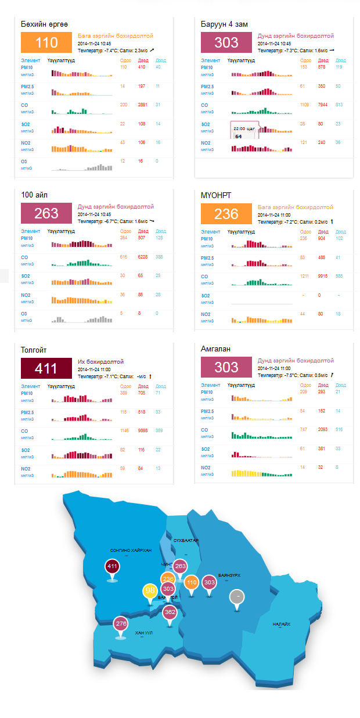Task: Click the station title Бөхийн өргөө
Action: click(x=44, y=24)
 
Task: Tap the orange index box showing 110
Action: click(x=46, y=42)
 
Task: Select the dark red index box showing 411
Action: click(x=46, y=368)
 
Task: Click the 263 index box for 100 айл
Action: click(x=46, y=213)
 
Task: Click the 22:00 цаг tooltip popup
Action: click(x=244, y=132)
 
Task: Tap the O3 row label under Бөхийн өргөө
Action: click(x=24, y=161)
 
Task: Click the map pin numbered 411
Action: click(x=112, y=566)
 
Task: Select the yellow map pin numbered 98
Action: click(x=150, y=591)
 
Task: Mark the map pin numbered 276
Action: click(x=121, y=624)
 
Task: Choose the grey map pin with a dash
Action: click(x=236, y=597)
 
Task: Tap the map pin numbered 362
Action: click(x=170, y=612)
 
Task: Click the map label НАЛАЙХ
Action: click(x=282, y=624)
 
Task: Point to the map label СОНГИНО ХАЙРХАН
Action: click(x=131, y=550)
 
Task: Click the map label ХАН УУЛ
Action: click(x=143, y=633)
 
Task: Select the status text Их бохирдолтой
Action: click(x=101, y=361)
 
